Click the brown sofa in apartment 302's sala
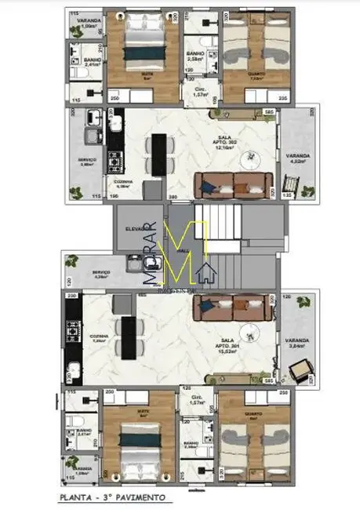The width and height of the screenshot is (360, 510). tap(233, 183)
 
